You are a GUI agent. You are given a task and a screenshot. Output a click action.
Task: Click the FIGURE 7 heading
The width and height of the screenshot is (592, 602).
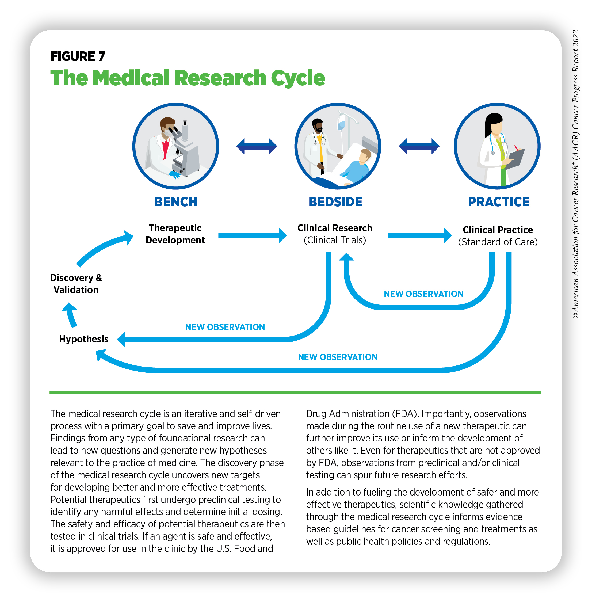coord(78,56)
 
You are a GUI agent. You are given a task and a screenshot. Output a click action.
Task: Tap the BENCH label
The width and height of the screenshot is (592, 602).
coord(176,202)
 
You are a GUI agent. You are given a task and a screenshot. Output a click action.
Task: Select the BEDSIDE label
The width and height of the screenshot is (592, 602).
coord(335,202)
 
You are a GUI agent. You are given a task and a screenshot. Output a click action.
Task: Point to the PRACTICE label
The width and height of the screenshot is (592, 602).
coord(498,202)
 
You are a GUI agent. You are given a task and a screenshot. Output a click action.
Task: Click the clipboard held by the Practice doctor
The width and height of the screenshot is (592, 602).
coord(515,159)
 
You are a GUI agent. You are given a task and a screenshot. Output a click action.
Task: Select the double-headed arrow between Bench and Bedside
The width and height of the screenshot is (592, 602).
coord(257,146)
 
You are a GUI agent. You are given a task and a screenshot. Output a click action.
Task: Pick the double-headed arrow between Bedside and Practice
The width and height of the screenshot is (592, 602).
coord(419,146)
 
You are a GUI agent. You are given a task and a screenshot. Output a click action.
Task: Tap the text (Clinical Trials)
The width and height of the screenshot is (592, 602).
coord(335,240)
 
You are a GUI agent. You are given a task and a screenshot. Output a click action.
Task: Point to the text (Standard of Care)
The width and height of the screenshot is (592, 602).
coord(498,242)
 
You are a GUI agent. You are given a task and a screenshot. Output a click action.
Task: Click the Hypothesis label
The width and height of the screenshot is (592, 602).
coord(84,339)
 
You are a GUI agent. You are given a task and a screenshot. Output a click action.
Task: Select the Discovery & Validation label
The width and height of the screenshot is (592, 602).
coord(76,284)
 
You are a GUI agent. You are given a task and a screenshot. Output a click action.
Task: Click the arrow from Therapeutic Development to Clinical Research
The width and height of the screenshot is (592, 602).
coord(252,235)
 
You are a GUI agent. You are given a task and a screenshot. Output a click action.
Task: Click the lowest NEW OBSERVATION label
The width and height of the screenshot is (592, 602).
coord(338,357)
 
